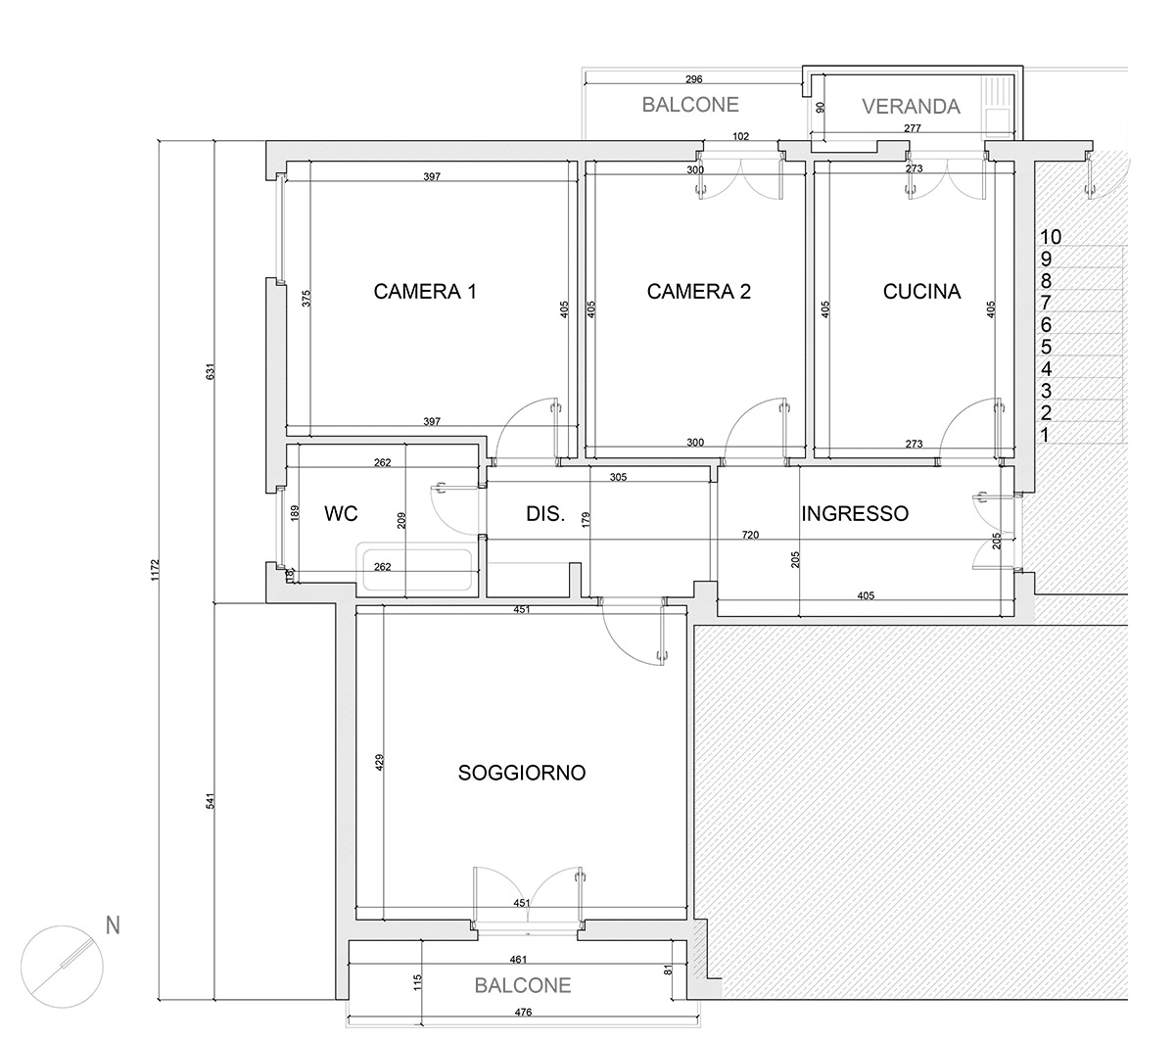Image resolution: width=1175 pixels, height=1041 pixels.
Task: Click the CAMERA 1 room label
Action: click(425, 291)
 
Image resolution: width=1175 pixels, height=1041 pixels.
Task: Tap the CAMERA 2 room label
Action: click(698, 291)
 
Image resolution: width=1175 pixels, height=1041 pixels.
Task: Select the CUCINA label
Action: click(921, 291)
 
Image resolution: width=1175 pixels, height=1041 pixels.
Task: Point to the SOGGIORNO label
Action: click(521, 773)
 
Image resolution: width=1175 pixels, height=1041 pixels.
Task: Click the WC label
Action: click(341, 513)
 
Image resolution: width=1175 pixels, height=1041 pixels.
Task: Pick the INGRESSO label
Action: click(854, 513)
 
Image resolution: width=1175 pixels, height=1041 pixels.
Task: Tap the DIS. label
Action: click(545, 513)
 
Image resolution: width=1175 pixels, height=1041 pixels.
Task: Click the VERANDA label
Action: click(911, 106)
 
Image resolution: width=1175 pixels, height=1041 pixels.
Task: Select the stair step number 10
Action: click(1051, 237)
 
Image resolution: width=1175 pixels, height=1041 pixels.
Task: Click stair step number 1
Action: click(1045, 435)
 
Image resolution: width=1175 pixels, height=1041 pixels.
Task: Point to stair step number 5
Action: click(1046, 347)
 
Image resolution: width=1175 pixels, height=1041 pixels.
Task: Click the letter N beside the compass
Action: click(113, 925)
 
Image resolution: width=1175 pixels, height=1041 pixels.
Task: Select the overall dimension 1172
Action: click(155, 570)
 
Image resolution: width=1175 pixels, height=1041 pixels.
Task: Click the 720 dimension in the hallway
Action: click(750, 535)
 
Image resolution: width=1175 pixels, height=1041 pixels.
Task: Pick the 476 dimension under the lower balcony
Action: click(523, 1012)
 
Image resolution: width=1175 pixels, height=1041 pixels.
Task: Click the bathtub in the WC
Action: click(417, 567)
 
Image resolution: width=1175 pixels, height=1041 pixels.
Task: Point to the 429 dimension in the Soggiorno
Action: click(379, 762)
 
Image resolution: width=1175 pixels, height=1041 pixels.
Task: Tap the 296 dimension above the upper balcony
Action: click(693, 79)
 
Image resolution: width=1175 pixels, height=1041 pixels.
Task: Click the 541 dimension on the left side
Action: click(211, 801)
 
